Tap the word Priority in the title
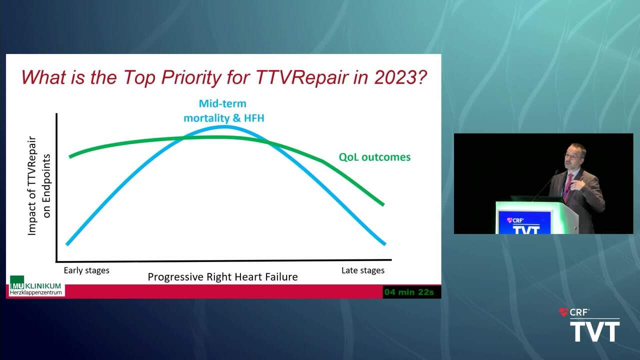[191, 77]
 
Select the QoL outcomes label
[374, 157]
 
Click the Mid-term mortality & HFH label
[223, 111]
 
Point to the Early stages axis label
[86, 270]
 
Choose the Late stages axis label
[363, 270]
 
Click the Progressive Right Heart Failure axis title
[222, 277]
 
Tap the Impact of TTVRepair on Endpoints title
[39, 185]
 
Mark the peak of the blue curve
[225, 126]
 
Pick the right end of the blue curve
[384, 244]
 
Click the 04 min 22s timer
[409, 292]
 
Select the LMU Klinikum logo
[35, 285]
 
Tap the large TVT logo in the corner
[595, 331]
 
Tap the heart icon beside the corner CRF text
[563, 312]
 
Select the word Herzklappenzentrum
[35, 293]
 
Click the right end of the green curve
[383, 204]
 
